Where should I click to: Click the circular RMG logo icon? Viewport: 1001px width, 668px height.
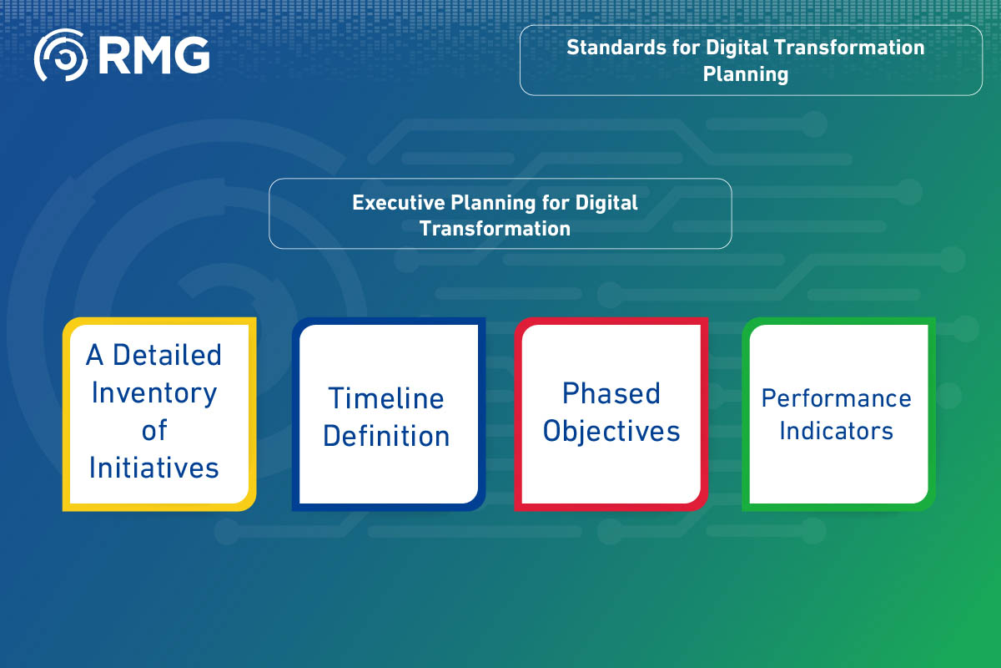(60, 55)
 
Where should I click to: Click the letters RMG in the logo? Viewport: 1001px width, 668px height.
(153, 55)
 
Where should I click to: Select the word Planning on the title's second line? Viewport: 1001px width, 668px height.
(745, 74)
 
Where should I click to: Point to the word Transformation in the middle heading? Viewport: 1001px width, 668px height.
(495, 228)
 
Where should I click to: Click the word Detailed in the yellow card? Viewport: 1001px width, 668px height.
(167, 355)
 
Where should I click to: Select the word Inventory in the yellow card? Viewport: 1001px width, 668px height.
(154, 392)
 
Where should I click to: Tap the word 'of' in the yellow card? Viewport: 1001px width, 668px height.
(154, 430)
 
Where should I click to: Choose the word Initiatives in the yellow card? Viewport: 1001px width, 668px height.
(154, 468)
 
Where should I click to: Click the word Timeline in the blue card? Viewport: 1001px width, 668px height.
(385, 398)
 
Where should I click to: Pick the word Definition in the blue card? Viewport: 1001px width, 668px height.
(386, 436)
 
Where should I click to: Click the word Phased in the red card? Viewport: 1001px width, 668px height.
(611, 393)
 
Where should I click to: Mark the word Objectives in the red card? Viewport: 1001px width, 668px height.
(611, 431)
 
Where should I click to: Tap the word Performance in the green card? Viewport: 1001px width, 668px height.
(836, 398)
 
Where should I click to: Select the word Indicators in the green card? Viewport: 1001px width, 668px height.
(836, 431)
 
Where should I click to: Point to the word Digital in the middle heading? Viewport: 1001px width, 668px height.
(606, 202)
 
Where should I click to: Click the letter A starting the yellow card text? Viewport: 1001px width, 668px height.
(95, 355)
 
